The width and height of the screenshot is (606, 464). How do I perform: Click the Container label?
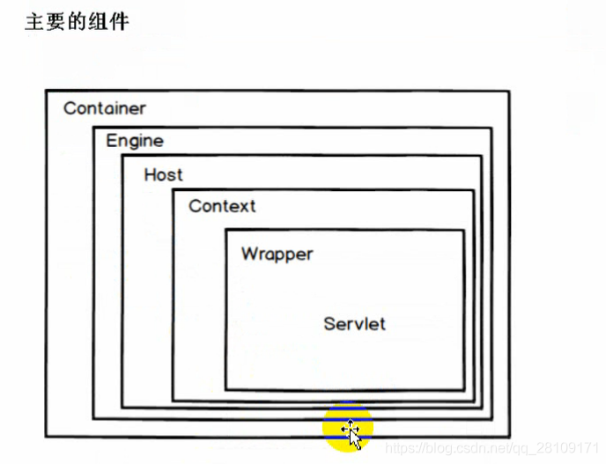104,108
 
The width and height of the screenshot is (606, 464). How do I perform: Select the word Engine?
135,140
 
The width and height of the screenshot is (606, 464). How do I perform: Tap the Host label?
163,174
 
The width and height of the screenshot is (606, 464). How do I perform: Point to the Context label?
222,206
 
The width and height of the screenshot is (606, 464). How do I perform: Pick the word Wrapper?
277,254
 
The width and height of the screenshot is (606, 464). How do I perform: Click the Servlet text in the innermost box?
354,323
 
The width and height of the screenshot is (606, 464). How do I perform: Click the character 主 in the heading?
34,21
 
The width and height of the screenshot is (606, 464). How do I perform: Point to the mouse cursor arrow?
352,434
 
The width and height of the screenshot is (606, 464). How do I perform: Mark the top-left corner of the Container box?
46,90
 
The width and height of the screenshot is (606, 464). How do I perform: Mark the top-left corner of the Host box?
122,156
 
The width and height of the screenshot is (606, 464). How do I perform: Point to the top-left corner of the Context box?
173,189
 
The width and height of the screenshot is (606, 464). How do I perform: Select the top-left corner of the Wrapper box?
225,230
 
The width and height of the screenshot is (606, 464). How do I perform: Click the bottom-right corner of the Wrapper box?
463,389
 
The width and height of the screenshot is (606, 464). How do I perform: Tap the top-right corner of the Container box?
509,91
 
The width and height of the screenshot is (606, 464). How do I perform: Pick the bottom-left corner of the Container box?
46,436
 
